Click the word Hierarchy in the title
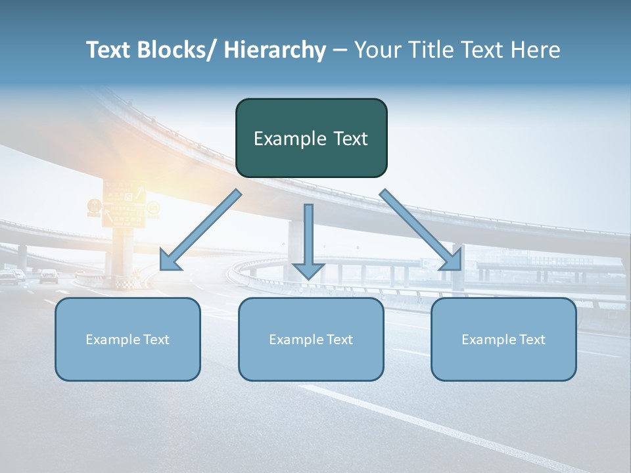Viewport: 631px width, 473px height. click(275, 50)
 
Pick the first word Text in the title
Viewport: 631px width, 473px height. click(109, 50)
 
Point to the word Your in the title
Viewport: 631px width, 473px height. click(377, 50)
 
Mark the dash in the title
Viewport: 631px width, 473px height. click(340, 50)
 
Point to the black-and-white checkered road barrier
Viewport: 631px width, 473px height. click(124, 283)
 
